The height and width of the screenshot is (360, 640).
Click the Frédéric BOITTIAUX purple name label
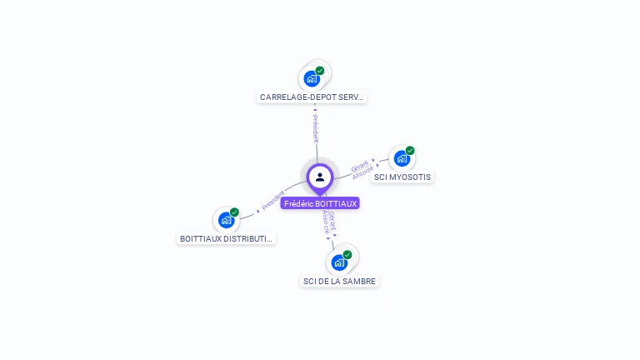pyautogui.click(x=320, y=203)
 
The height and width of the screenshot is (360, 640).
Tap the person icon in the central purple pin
pyautogui.click(x=320, y=177)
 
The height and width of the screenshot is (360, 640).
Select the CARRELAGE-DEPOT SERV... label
pyautogui.click(x=312, y=97)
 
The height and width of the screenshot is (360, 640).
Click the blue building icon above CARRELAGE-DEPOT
pyautogui.click(x=312, y=79)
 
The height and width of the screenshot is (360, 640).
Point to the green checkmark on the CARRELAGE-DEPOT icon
pyautogui.click(x=320, y=71)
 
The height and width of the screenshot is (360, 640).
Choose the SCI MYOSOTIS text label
pyautogui.click(x=402, y=177)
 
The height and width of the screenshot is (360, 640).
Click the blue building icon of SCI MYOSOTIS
pyautogui.click(x=402, y=158)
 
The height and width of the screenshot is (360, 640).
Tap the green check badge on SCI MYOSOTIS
pyautogui.click(x=410, y=151)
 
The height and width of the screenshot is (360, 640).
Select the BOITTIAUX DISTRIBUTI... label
pyautogui.click(x=227, y=239)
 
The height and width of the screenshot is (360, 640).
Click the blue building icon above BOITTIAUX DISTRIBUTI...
pyautogui.click(x=226, y=221)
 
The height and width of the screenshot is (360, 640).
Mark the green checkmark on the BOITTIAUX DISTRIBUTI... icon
pyautogui.click(x=234, y=212)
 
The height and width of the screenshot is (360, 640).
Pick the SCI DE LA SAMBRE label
pyautogui.click(x=339, y=282)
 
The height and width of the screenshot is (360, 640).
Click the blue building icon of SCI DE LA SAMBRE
pyautogui.click(x=339, y=262)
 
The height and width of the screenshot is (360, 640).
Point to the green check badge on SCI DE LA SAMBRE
pyautogui.click(x=347, y=255)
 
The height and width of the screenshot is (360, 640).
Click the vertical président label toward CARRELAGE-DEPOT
pyautogui.click(x=315, y=127)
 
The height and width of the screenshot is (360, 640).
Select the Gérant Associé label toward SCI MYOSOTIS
pyautogui.click(x=361, y=168)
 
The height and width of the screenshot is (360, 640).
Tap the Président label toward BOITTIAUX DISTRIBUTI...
pyautogui.click(x=273, y=200)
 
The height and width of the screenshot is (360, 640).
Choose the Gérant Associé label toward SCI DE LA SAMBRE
pyautogui.click(x=330, y=222)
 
